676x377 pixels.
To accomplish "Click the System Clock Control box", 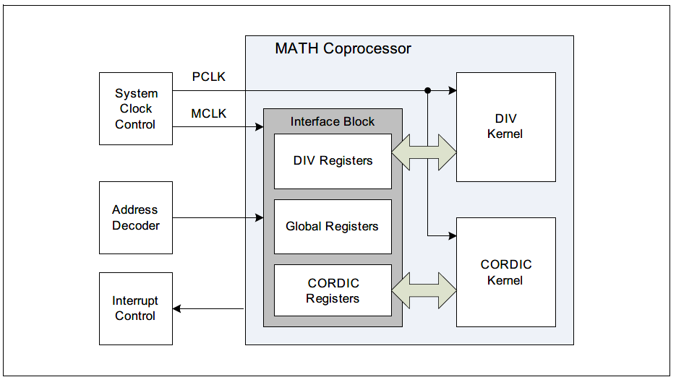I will tap(135, 108).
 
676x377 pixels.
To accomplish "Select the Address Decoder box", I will tap(135, 217).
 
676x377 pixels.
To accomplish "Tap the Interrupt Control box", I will tap(135, 308).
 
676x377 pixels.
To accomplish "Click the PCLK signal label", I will tap(208, 77).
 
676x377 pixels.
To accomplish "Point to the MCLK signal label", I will tap(208, 114).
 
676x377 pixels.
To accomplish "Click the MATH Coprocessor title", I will tap(343, 49).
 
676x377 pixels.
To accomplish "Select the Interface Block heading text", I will tap(333, 121).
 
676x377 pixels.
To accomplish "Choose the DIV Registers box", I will tap(333, 160).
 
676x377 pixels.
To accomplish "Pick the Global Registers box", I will tap(333, 227).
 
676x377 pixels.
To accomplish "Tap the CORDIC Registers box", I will tap(333, 290).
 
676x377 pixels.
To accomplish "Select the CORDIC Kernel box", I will tap(505, 272).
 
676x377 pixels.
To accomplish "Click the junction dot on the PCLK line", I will tap(428, 90).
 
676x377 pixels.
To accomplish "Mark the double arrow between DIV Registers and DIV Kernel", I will tap(424, 152).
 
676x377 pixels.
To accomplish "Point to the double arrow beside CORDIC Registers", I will tap(424, 290).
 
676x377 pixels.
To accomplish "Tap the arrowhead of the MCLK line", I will tap(258, 128).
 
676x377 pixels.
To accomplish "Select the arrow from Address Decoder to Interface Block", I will tap(217, 217).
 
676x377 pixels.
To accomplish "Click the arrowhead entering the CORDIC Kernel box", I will tap(452, 235).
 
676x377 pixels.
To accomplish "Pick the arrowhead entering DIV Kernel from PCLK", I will tap(452, 90).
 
